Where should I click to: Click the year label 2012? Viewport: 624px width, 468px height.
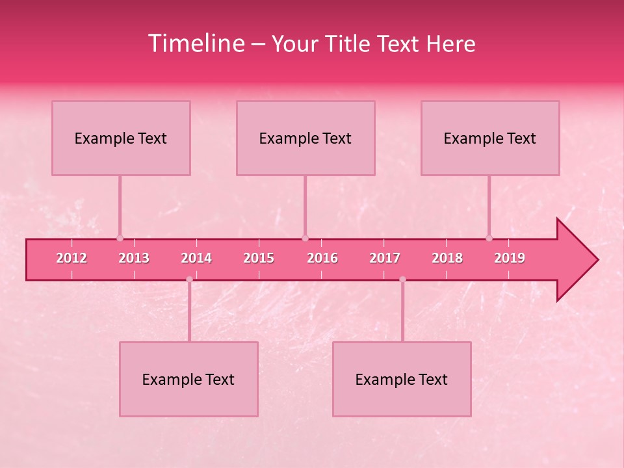pos(71,258)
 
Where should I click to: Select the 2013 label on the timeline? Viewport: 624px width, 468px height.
pos(134,258)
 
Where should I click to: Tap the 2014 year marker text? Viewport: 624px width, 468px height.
pos(196,258)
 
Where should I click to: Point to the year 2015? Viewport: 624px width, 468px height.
pos(259,258)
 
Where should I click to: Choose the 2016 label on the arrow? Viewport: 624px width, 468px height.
pos(322,258)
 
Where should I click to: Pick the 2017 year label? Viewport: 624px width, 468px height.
pos(385,258)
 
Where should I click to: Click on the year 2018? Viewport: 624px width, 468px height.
pos(447,258)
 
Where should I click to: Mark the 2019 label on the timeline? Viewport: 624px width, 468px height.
pos(510,258)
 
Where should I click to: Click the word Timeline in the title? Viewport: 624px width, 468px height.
pos(196,44)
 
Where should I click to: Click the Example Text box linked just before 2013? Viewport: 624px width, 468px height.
pos(121,138)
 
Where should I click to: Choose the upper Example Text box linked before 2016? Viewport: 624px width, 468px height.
pos(305,138)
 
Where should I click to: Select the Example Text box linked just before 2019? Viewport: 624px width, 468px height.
pos(490,138)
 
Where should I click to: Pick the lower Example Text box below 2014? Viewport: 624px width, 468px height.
pos(188,379)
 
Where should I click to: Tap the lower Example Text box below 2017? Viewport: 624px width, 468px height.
pos(402,379)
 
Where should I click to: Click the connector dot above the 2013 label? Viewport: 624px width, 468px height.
pos(120,238)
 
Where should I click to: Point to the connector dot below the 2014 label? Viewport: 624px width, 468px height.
pos(189,279)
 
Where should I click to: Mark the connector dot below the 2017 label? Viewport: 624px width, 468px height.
pos(402,279)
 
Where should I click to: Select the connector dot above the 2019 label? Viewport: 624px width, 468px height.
pos(489,238)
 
